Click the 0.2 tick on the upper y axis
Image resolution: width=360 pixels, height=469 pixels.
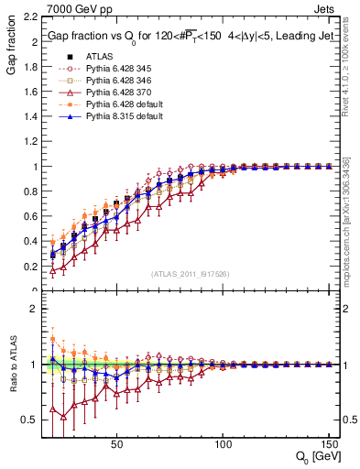tap(29, 267)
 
